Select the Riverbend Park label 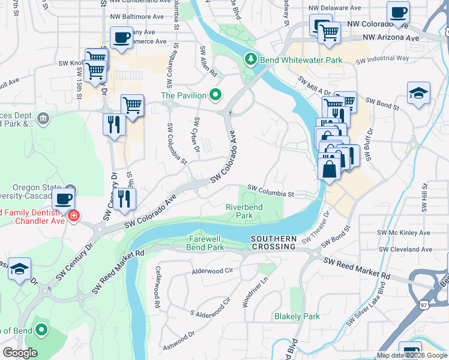[244, 211]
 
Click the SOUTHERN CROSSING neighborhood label [274, 242]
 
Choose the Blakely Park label [297, 316]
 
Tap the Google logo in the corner [20, 353]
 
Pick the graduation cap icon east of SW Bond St [418, 93]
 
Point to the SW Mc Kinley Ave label [403, 232]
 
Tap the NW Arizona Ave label [391, 38]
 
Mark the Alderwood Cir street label [212, 271]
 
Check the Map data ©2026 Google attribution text [412, 355]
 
